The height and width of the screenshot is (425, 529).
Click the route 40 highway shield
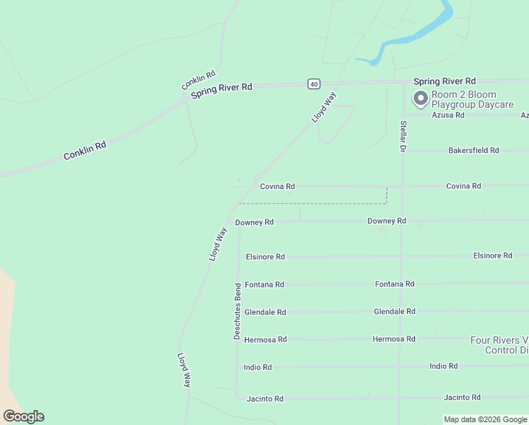pyautogui.click(x=313, y=84)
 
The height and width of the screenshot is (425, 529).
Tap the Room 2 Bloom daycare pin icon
pyautogui.click(x=421, y=98)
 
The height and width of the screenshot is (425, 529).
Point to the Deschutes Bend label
pyautogui.click(x=238, y=310)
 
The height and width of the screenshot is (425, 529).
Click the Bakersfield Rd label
pyautogui.click(x=474, y=150)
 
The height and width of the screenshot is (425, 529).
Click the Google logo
pyautogui.click(x=23, y=416)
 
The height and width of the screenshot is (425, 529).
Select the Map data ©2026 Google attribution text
pyautogui.click(x=486, y=419)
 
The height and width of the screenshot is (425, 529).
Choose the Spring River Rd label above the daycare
pyautogui.click(x=444, y=81)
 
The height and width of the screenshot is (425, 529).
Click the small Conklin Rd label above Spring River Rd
pyautogui.click(x=198, y=80)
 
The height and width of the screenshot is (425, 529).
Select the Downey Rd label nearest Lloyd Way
pyautogui.click(x=254, y=222)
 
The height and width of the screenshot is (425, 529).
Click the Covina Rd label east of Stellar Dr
pyautogui.click(x=463, y=186)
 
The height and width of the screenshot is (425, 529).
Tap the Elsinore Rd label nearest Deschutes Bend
pyautogui.click(x=264, y=256)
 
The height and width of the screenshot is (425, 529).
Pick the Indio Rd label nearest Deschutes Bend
pyautogui.click(x=257, y=367)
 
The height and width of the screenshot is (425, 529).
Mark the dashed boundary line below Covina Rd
pyautogui.click(x=311, y=203)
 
